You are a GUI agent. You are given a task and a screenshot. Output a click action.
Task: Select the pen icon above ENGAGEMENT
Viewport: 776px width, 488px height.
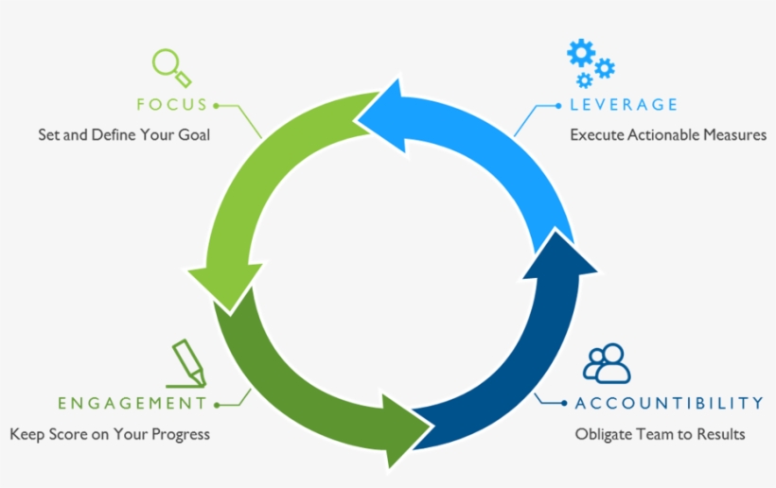187,364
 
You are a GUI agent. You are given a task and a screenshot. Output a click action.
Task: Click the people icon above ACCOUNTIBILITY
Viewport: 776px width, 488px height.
607,363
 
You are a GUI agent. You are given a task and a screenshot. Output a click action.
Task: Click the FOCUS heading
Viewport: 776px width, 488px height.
171,105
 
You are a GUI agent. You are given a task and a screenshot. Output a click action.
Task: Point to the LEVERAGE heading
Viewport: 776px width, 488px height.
623,105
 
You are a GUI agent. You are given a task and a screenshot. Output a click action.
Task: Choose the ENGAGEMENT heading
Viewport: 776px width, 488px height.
132,404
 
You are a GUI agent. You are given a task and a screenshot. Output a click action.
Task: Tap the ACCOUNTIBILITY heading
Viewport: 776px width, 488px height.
668,404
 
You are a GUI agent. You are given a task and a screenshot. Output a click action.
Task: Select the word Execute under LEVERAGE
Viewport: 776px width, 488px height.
596,135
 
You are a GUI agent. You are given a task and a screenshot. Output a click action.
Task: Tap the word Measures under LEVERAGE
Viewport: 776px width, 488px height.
733,135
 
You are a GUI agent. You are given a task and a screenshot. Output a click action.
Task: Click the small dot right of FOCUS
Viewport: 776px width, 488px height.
217,105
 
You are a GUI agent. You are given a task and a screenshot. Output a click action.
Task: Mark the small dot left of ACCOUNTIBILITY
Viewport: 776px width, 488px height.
565,404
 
